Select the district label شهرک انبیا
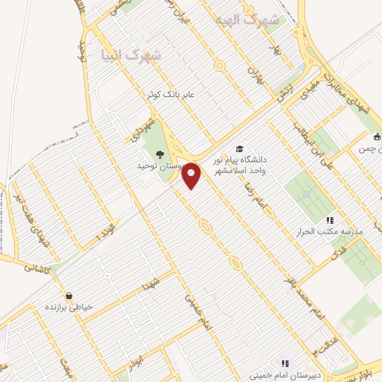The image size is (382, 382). point(130,54)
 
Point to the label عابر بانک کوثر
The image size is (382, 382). point(175,94)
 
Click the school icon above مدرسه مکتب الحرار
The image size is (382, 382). point(329,220)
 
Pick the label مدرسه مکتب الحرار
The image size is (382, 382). point(330,232)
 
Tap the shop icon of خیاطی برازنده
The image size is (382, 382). point(69,295)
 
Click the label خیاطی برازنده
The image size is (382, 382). point(68,307)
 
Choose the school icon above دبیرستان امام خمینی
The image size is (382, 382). point(284,363)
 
